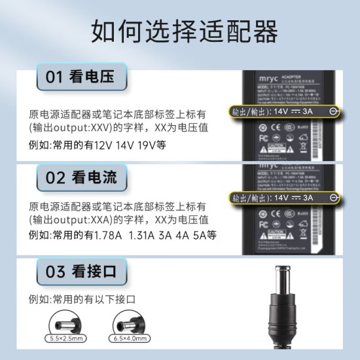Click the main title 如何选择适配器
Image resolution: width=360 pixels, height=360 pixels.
tap(179, 30)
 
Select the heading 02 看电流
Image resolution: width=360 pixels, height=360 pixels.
tap(80, 177)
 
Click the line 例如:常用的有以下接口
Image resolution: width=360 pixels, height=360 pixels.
tap(82, 299)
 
